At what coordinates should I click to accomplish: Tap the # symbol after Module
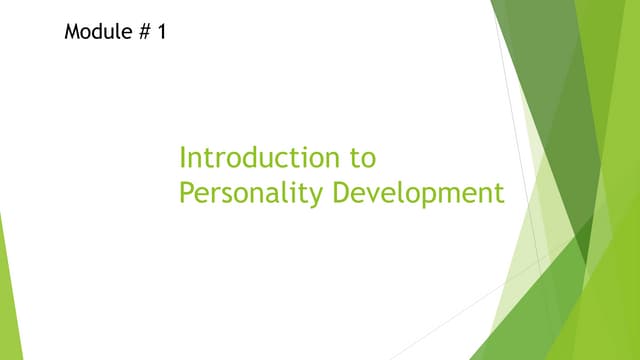point(147,31)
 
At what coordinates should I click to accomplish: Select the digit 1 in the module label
point(162,31)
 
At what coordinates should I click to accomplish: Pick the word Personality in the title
point(250,193)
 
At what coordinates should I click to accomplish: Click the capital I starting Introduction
point(182,158)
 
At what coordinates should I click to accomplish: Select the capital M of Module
point(73,31)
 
